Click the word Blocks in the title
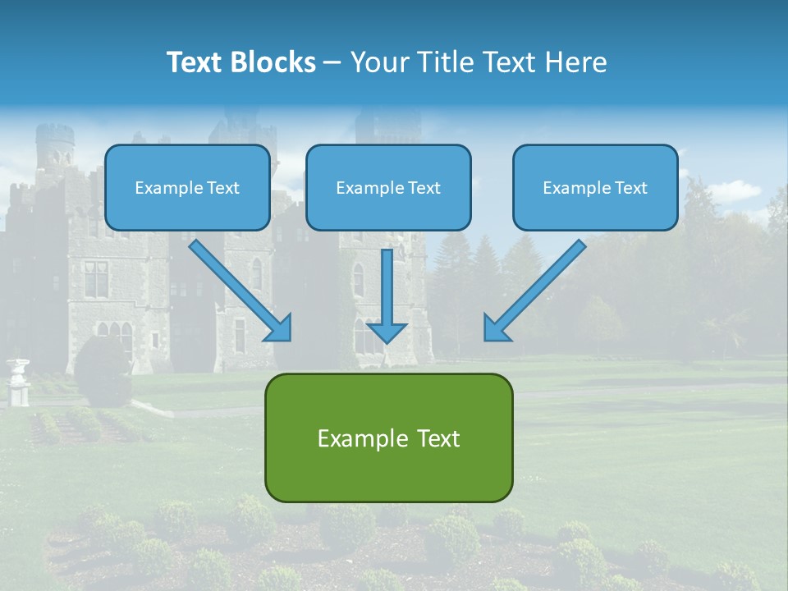point(274,62)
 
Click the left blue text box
point(187,187)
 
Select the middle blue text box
point(388,187)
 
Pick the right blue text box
point(595,187)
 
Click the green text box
point(388,438)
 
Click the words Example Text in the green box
point(388,438)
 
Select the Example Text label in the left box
point(187,188)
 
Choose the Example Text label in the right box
point(595,188)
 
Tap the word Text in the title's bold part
point(195,62)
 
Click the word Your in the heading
point(380,62)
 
